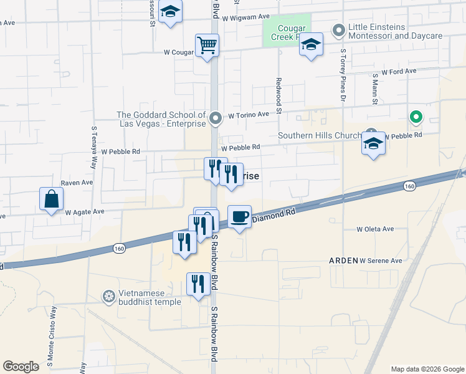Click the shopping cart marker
pyautogui.click(x=207, y=45)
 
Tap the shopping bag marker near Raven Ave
pyautogui.click(x=51, y=199)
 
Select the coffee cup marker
pyautogui.click(x=239, y=217)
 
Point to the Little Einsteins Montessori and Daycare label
pyautogui.click(x=395, y=32)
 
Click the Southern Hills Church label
pyautogui.click(x=320, y=135)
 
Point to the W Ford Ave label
pyautogui.click(x=399, y=72)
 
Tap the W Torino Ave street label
pyautogui.click(x=248, y=115)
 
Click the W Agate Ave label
pyautogui.click(x=85, y=212)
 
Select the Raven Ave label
pyautogui.click(x=77, y=183)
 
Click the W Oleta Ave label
pyautogui.click(x=375, y=229)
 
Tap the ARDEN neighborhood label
pyautogui.click(x=343, y=261)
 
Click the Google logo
pyautogui.click(x=21, y=367)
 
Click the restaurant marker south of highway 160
pyautogui.click(x=196, y=284)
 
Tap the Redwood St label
pyautogui.click(x=279, y=87)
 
